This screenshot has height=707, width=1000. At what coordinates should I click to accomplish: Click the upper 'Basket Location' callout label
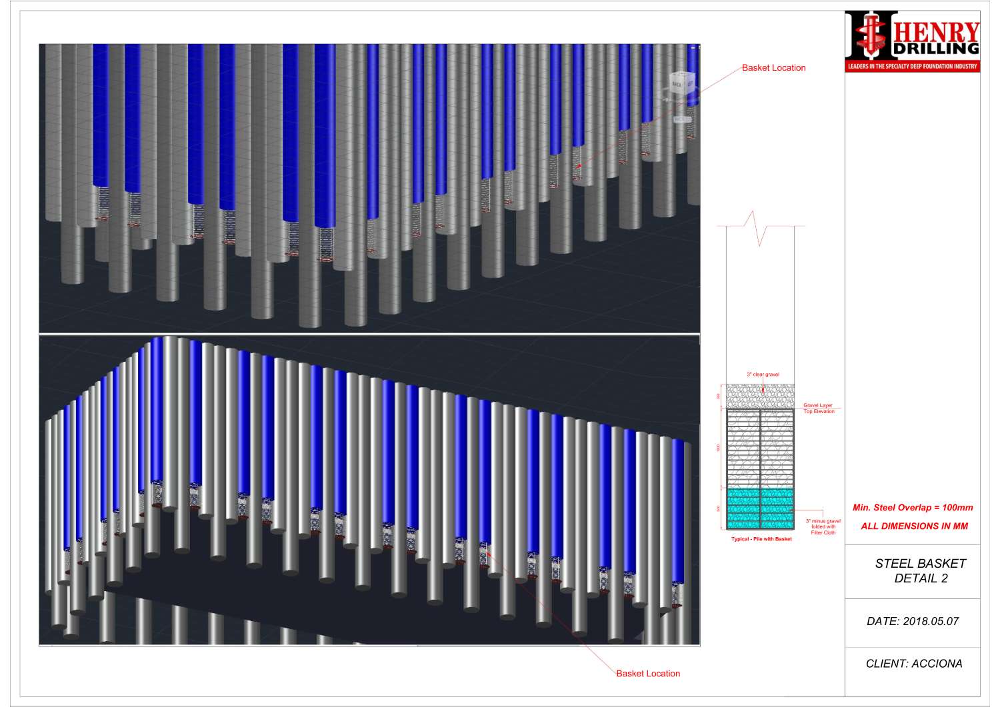point(773,68)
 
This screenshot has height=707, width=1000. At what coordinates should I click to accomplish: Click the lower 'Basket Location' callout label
point(647,674)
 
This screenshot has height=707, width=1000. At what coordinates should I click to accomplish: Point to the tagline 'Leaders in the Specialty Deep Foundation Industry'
point(912,67)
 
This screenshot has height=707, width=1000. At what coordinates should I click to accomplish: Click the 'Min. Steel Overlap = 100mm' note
point(913,508)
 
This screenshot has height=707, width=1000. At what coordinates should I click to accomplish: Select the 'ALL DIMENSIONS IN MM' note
point(914,526)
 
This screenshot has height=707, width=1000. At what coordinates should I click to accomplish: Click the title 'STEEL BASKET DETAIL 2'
point(920,571)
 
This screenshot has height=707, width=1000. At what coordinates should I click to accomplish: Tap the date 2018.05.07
point(912,622)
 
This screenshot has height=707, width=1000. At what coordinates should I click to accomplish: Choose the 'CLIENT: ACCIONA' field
point(913,664)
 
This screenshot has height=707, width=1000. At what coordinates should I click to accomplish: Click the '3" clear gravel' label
point(763,374)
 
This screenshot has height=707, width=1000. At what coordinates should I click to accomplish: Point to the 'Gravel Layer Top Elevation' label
point(818,408)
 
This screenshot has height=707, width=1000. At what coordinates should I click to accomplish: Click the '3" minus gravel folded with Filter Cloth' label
point(823,526)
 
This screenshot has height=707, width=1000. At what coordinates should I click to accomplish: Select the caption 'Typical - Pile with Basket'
point(761,539)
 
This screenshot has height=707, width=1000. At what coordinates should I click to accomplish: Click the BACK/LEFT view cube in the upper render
point(682,85)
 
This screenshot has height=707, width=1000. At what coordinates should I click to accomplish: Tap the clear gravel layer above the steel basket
point(760,396)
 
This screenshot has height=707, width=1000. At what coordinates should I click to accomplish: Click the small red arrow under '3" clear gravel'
point(763,382)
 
